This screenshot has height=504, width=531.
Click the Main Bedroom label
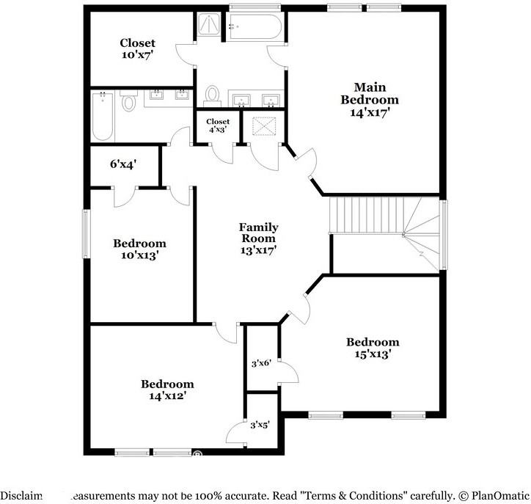point(370,100)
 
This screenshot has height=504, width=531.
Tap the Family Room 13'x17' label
point(258,238)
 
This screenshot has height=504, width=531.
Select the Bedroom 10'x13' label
point(139,249)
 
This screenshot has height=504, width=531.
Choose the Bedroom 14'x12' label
point(167,390)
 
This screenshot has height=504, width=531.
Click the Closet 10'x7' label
point(138,49)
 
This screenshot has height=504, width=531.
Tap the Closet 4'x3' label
point(217,125)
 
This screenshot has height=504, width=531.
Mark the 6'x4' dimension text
point(123,164)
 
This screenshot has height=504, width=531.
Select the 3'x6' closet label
point(261,362)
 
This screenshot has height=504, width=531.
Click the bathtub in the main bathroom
point(254,27)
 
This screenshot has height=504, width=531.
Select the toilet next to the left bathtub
point(129,101)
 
